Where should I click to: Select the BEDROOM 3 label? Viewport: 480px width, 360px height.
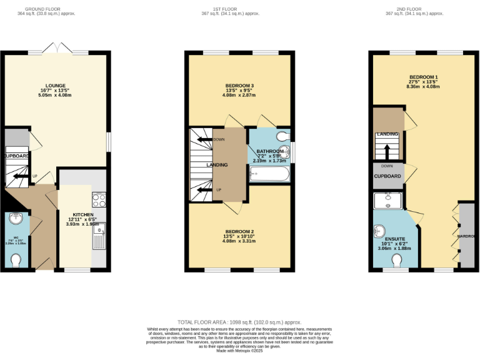[x=240, y=86]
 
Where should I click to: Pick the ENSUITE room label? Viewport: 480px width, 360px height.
[x=395, y=239]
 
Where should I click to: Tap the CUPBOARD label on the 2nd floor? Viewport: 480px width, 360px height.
[x=387, y=177]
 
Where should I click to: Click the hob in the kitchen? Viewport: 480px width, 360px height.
[x=99, y=200]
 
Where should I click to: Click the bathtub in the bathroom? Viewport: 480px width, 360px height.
[x=270, y=173]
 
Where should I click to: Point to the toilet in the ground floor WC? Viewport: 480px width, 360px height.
[x=16, y=259]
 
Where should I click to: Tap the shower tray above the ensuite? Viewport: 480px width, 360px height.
[x=387, y=200]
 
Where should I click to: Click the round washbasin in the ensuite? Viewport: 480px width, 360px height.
[x=379, y=231]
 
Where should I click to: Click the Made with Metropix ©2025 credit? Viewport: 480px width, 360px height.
[x=240, y=350]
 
